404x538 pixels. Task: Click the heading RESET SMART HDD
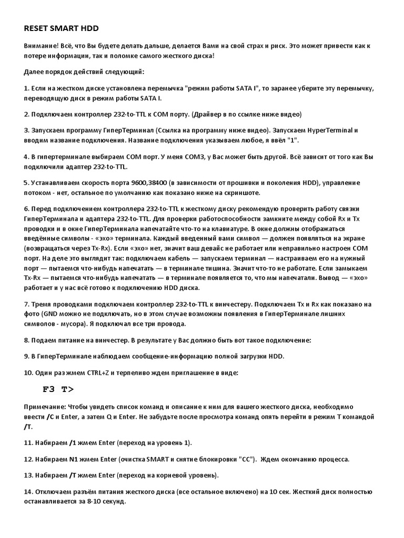click(61, 27)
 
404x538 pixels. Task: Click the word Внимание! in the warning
click(41, 46)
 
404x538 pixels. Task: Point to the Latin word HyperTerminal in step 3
click(331, 130)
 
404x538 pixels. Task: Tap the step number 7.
click(26, 304)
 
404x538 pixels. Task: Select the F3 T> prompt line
click(58, 389)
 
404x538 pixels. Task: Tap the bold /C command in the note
click(51, 417)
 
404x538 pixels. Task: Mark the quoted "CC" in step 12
click(247, 459)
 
